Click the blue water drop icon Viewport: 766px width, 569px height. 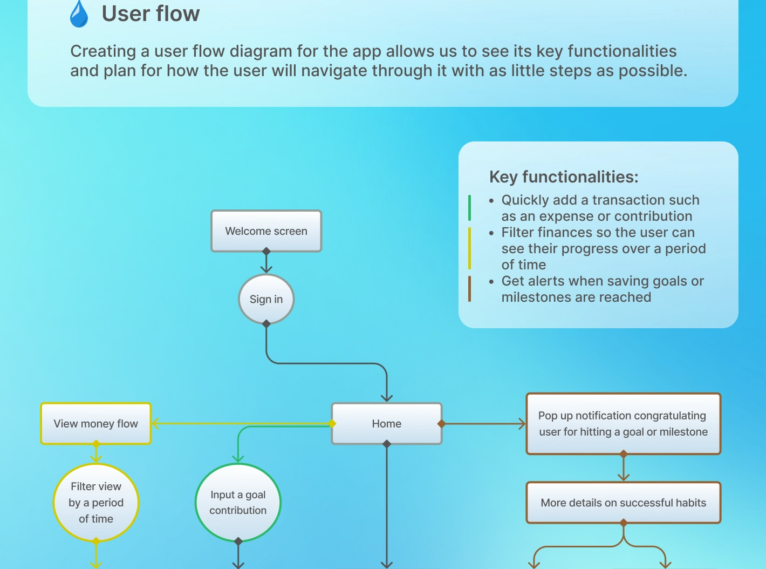(79, 14)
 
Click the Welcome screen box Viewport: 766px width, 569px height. (266, 231)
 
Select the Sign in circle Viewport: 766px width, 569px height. (266, 299)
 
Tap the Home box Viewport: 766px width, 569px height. (386, 424)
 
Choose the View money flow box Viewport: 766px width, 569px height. (96, 424)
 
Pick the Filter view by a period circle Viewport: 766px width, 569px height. (96, 503)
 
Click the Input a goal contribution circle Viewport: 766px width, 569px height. (238, 503)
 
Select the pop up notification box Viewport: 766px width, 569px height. (623, 424)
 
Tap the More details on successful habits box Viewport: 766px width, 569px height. (623, 503)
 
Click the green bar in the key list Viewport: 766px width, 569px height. (469, 208)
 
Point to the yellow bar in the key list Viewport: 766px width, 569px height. (469, 248)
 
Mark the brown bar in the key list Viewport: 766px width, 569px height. (469, 289)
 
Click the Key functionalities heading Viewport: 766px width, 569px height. (564, 177)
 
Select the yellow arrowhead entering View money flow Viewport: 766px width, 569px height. (155, 424)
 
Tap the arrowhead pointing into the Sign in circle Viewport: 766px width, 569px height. (266, 269)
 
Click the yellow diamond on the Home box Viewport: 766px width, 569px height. (332, 424)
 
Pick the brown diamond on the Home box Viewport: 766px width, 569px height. (441, 424)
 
